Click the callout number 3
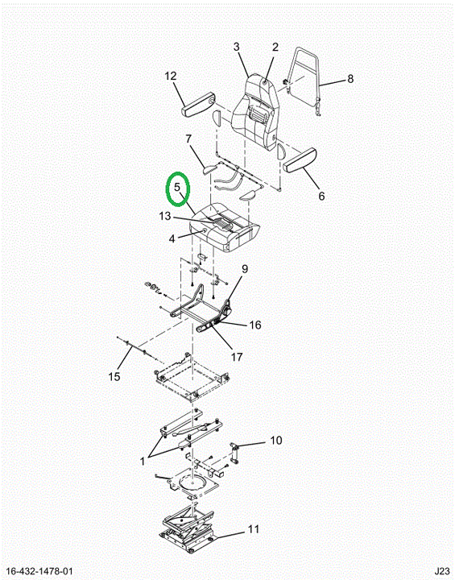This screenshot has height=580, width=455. [x=237, y=47]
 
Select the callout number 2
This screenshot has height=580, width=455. [x=275, y=47]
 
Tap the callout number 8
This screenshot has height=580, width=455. [x=350, y=79]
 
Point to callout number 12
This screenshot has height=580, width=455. [x=171, y=77]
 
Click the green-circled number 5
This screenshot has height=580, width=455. [x=177, y=187]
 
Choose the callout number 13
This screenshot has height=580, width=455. [x=165, y=216]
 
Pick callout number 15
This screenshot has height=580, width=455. [x=114, y=376]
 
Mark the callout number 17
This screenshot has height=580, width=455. [x=237, y=357]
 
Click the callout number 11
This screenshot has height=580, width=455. [x=254, y=529]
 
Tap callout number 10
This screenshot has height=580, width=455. [x=276, y=441]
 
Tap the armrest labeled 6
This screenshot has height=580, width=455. [x=300, y=159]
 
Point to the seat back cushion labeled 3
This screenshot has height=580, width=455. [x=254, y=111]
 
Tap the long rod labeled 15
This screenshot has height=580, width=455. [x=138, y=349]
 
